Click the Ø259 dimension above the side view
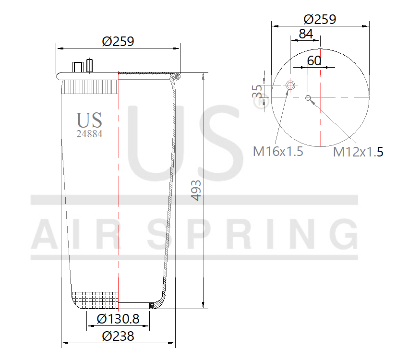click(118, 41)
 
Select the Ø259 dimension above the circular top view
click(320, 19)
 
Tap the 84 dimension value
click(306, 34)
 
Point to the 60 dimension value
click(314, 61)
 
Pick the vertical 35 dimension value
click(257, 91)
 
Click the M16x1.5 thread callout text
click(278, 152)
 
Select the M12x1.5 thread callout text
click(358, 152)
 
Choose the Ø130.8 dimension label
click(118, 319)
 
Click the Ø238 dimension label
click(118, 336)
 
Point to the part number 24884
click(89, 134)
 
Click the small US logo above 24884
click(89, 120)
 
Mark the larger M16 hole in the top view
click(290, 85)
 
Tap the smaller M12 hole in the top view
click(308, 99)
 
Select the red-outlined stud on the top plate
click(89, 65)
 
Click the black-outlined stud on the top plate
click(77, 67)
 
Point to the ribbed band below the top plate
click(90, 87)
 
